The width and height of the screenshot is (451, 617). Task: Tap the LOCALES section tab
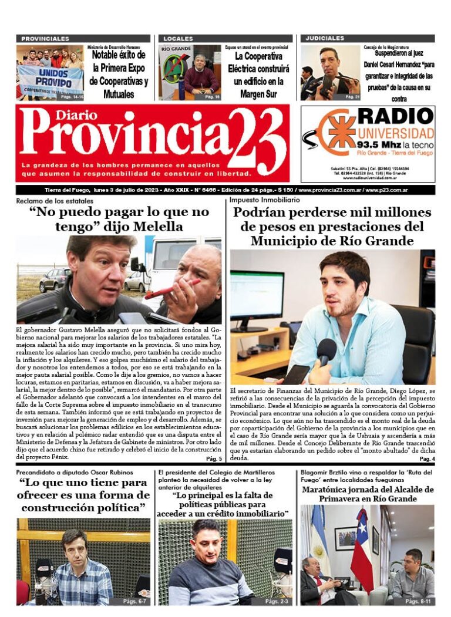[178, 38]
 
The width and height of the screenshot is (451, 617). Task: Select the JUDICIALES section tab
[325, 38]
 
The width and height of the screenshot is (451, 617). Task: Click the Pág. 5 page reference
[214, 458]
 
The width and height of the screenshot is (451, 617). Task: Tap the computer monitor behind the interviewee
[257, 301]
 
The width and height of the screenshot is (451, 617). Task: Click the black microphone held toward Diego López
[327, 352]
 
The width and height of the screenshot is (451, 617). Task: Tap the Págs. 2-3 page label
[277, 601]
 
